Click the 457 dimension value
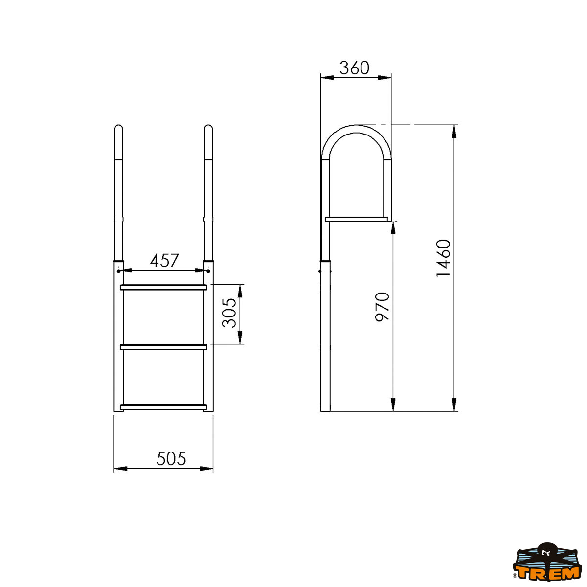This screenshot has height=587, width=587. coord(164,260)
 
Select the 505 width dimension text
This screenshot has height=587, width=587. coord(171,459)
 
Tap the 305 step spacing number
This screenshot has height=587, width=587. coord(229,313)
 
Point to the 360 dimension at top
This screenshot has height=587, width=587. coord(354,68)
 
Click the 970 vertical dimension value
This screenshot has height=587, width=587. coord(383,307)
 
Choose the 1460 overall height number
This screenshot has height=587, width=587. coord(443,258)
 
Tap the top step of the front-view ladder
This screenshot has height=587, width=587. coord(163,287)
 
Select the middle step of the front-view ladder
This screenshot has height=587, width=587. coord(163,347)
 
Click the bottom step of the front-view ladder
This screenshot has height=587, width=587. coord(163,407)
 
